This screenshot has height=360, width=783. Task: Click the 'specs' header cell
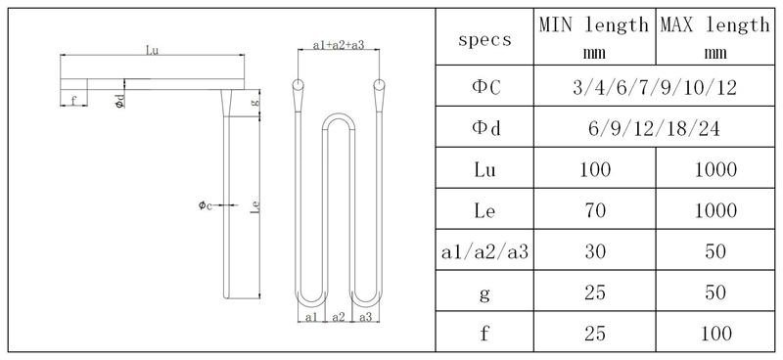coord(484,40)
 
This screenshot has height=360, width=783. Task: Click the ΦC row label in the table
coord(484,88)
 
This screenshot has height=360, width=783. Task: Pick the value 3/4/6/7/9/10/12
coord(654,88)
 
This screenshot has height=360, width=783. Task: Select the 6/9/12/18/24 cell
coord(654,128)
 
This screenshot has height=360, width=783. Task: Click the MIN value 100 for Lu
coord(594,169)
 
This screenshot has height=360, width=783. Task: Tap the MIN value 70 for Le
coord(594,210)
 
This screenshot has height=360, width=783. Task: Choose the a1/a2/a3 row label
coord(484,251)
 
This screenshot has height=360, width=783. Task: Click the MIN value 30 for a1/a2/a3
coord(594,251)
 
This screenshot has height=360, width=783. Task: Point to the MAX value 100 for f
coord(714,334)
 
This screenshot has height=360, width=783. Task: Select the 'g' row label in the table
coord(484,292)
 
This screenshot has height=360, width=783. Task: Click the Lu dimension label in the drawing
coord(152,48)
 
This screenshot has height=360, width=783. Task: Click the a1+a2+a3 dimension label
coord(339,45)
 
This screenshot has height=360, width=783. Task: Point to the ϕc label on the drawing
coord(204,205)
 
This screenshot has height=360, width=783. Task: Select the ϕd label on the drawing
coord(117,101)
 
